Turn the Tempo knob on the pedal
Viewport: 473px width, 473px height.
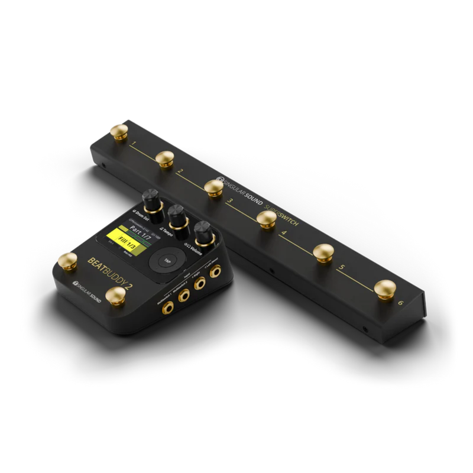pyautogui.click(x=177, y=215)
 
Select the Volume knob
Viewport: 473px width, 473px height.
pyautogui.click(x=204, y=232)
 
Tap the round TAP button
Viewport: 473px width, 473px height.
pyautogui.click(x=167, y=260)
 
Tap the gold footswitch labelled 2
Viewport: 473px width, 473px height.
pyautogui.click(x=164, y=157)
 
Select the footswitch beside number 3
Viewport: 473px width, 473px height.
pyautogui.click(x=214, y=187)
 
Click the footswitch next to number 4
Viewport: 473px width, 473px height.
pyautogui.click(x=267, y=219)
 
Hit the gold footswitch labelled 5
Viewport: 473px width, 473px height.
pyautogui.click(x=323, y=252)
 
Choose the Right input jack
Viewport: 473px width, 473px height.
pyautogui.click(x=199, y=283)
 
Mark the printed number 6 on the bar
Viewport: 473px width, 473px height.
pyautogui.click(x=400, y=303)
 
